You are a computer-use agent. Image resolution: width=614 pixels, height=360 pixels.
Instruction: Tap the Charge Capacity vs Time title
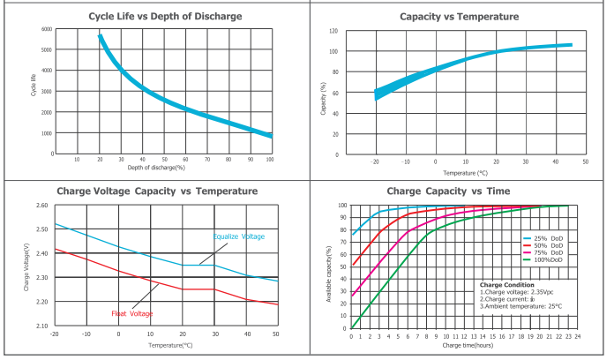[x=461, y=191]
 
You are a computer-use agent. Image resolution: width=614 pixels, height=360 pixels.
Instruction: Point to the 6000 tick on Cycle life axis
[x=47, y=29]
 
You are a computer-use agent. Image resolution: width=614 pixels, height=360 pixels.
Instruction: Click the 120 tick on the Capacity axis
[x=333, y=31]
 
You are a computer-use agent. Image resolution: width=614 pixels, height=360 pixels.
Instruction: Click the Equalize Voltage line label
[x=238, y=236]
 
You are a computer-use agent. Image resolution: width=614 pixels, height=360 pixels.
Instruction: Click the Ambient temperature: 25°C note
[x=520, y=306]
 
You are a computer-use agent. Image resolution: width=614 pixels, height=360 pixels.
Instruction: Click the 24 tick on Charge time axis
[x=579, y=336]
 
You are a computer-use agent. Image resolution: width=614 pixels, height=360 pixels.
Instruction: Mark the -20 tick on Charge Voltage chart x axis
[x=55, y=334]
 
